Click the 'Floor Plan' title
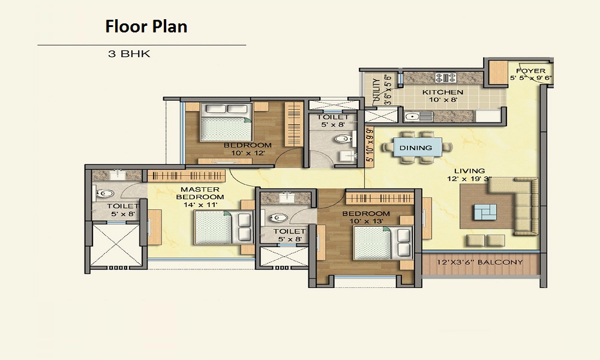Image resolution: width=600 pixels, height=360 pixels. point(146,27)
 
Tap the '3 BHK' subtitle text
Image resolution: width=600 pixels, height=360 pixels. point(129,54)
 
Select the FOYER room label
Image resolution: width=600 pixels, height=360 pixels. point(531,71)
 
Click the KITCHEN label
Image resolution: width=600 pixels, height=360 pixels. point(443,92)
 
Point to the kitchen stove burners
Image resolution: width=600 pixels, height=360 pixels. point(446,77)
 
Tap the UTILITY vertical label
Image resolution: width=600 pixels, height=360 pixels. point(376,91)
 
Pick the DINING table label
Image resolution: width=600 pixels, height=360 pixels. point(416,148)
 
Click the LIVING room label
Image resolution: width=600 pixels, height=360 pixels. point(470,171)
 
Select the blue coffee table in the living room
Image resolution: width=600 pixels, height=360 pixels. point(485,212)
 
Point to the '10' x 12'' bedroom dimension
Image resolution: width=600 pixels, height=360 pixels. point(248,153)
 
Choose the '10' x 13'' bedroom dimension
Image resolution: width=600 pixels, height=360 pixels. point(366,221)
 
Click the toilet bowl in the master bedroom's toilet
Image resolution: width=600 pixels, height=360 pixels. point(103,194)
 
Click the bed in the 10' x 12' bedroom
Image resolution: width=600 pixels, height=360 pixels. point(227,122)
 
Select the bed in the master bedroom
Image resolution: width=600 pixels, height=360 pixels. point(224,227)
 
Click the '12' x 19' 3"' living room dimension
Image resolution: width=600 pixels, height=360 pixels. point(470,178)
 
